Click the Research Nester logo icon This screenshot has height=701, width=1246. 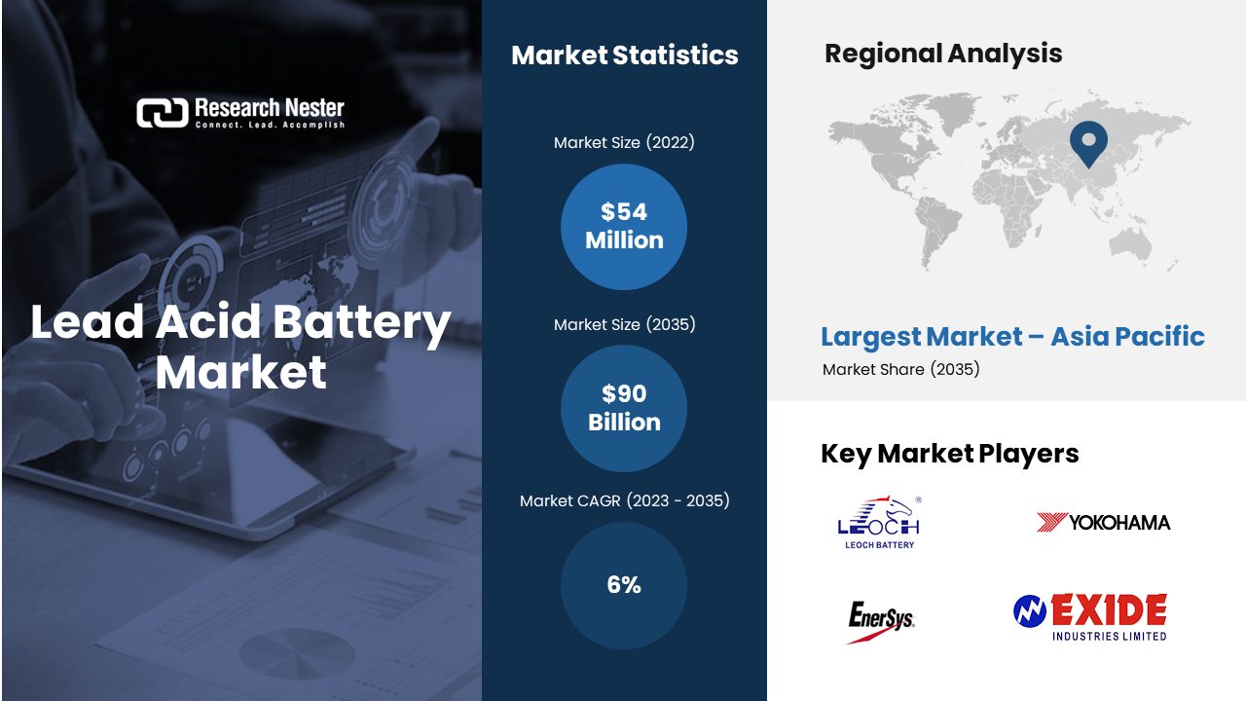(163, 113)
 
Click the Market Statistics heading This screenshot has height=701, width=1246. (625, 55)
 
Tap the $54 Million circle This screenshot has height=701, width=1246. (624, 227)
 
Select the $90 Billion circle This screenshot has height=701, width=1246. (624, 408)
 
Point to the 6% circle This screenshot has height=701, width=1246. (624, 585)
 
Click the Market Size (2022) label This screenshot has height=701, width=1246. (624, 142)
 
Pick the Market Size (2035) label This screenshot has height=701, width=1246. (624, 324)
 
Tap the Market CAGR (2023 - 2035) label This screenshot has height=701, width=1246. (624, 500)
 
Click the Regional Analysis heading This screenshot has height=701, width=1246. (943, 54)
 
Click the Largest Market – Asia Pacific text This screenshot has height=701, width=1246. (1013, 337)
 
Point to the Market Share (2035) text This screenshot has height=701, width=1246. (901, 369)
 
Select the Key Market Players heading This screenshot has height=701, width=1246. (949, 454)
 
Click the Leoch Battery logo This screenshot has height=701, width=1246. (879, 523)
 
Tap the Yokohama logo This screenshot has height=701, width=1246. (1104, 523)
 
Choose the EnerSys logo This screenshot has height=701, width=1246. (881, 621)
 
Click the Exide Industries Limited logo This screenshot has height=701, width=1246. (1090, 617)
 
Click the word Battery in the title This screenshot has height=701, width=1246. (361, 322)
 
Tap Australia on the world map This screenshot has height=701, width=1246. (1130, 244)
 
